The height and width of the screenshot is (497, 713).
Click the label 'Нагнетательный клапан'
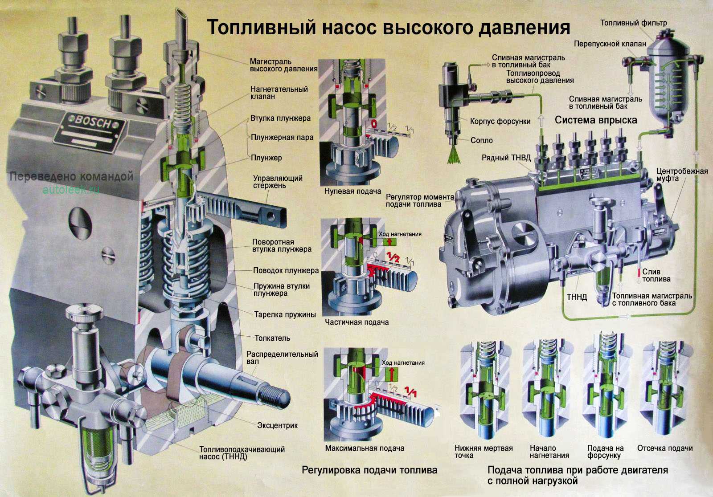tap(279, 93)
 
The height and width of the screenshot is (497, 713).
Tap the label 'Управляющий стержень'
tap(278, 182)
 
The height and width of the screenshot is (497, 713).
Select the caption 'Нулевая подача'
tap(352, 191)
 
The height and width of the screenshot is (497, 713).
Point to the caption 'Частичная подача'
tap(356, 322)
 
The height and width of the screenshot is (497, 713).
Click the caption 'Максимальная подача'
tap(364, 448)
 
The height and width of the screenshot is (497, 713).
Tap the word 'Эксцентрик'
tap(277, 425)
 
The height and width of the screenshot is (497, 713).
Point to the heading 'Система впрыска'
tap(595, 120)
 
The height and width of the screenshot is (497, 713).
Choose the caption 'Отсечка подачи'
tap(665, 448)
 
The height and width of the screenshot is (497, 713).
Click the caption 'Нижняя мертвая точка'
tap(483, 452)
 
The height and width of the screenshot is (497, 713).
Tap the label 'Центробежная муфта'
tap(682, 175)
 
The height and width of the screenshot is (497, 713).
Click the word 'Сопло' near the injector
tap(482, 140)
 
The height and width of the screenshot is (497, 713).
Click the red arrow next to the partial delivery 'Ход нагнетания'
tap(390, 242)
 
